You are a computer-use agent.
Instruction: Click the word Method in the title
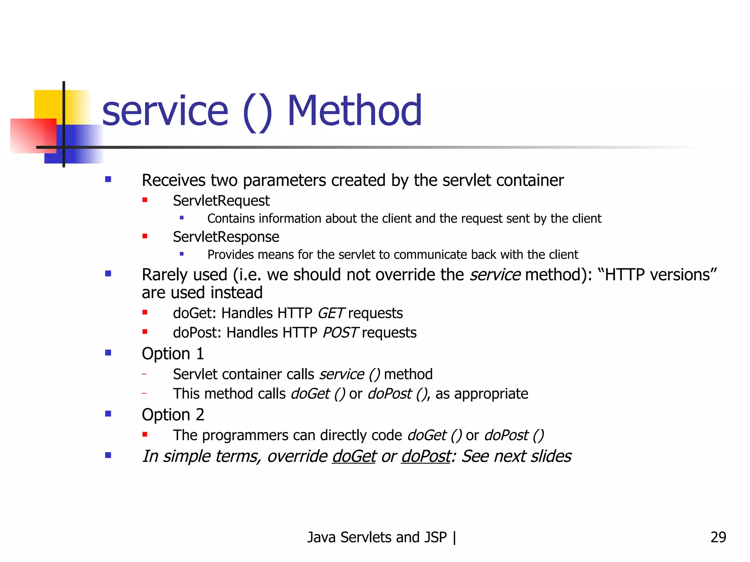[354, 110]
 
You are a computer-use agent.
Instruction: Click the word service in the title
[165, 111]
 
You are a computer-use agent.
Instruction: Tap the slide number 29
[718, 537]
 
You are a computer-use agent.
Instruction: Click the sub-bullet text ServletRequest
[221, 201]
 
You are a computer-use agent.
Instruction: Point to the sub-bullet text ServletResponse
[226, 237]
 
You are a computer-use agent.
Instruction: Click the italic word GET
[330, 314]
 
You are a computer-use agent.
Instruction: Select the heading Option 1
[173, 354]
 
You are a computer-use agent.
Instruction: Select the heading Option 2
[173, 415]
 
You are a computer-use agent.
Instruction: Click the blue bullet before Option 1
[108, 353]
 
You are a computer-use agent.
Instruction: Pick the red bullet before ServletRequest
[145, 200]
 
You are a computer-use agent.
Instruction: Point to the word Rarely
[165, 275]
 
